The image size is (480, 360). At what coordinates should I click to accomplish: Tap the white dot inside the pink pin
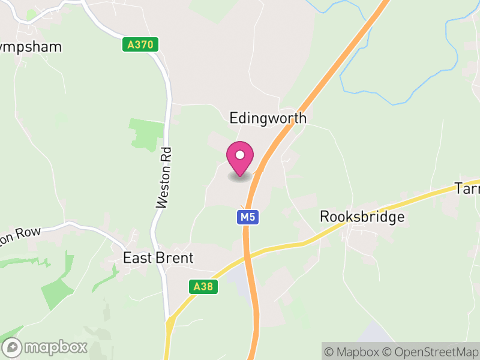pos(240,155)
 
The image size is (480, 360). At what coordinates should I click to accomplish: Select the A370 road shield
pos(141,44)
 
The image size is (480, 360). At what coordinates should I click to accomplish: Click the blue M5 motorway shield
pos(248,217)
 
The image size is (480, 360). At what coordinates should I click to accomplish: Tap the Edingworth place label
pos(268,118)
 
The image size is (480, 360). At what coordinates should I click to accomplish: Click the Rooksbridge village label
pos(362,217)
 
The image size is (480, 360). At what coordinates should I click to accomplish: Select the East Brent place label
pos(158,258)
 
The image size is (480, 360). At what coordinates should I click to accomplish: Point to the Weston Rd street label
pos(164,178)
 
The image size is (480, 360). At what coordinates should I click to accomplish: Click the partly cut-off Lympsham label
pos(30,47)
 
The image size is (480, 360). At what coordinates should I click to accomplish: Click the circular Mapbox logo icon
pos(13,347)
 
